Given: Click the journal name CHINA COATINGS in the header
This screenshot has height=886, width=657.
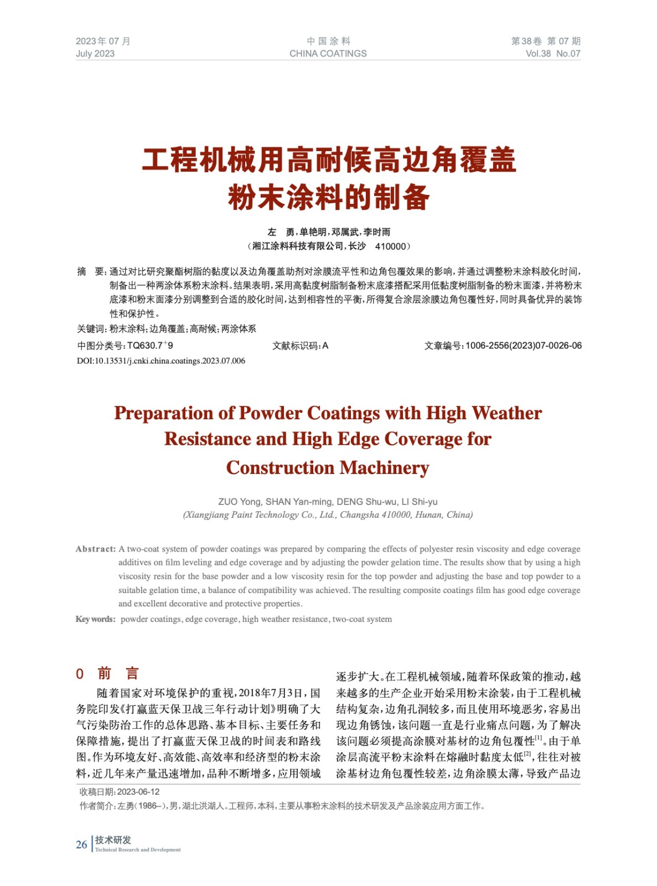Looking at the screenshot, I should pos(328,54).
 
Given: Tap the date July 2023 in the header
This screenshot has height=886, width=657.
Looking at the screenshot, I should pos(95,54).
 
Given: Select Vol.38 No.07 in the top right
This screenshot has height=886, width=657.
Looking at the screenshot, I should pos(552,54).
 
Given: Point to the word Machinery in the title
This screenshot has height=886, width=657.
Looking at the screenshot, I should pos(384,468).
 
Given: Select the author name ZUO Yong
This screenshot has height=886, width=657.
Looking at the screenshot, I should pos(239,502).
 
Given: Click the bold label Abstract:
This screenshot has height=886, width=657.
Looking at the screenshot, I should pos(96,549).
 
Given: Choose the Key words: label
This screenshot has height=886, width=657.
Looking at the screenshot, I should pos(95,619).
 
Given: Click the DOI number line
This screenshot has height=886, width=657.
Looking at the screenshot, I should pos(161,361).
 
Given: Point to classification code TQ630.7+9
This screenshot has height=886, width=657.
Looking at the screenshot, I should pos(150,346).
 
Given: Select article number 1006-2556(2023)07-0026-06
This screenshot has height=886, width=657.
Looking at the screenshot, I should pos(523,346).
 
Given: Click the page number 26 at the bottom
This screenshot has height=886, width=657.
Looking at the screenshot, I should pos(81,844).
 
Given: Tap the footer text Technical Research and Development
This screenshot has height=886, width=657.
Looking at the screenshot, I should pos(138,850).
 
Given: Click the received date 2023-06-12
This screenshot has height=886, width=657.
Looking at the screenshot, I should pos(138,792).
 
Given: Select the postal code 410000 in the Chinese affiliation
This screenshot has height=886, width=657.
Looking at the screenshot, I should pos(391,246).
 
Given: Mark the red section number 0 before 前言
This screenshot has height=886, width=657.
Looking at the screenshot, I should pos(80,674).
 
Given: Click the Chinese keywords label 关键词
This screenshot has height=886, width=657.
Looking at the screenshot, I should pos(91,329).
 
